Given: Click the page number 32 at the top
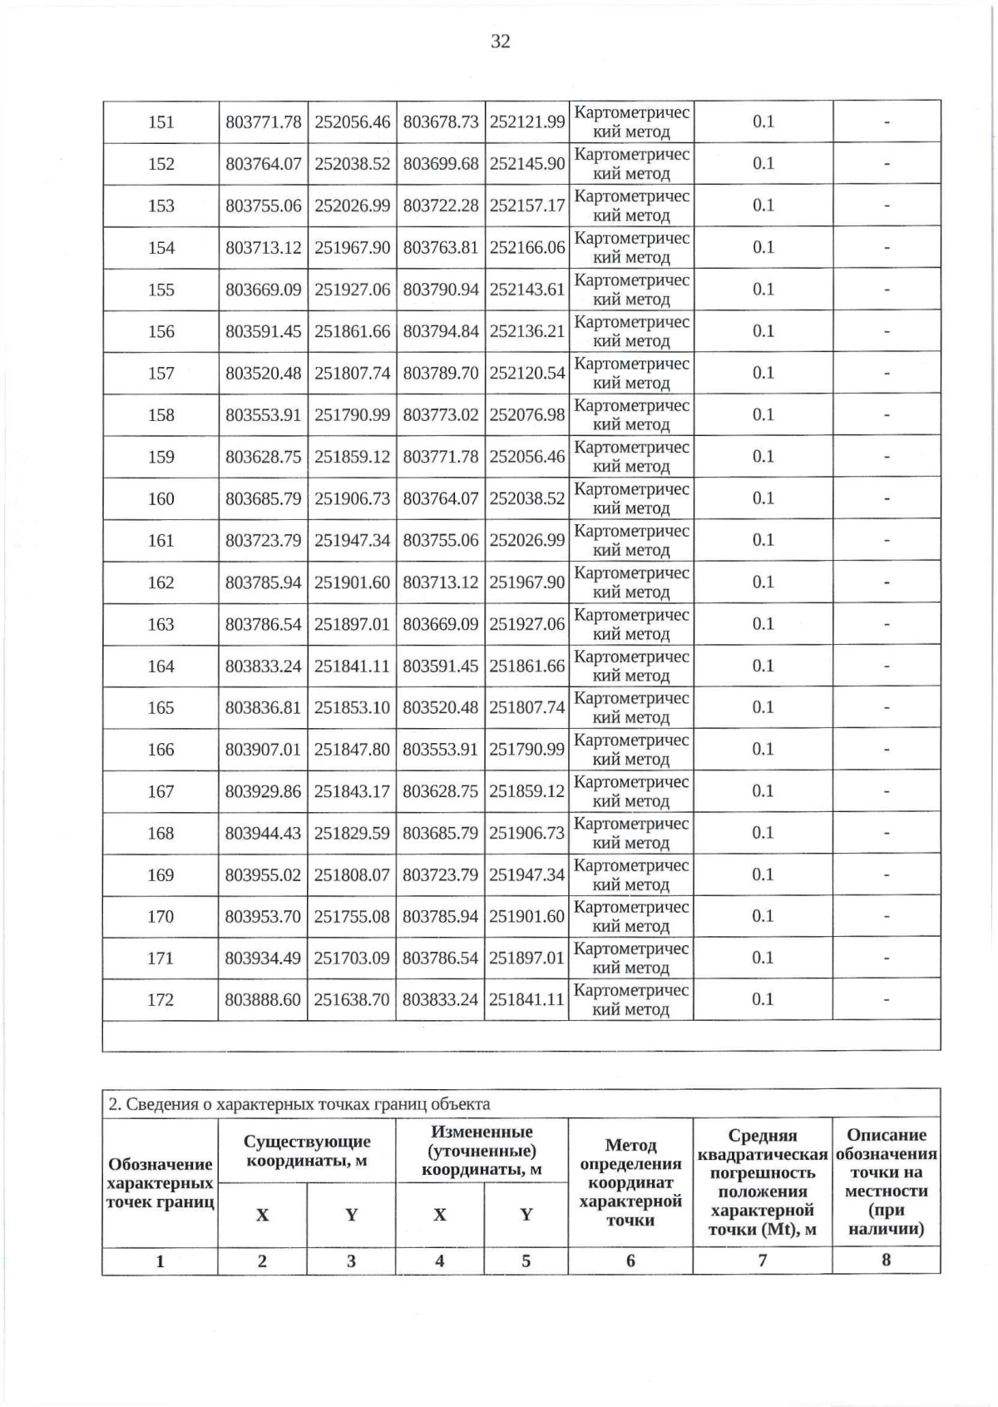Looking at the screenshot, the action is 500,42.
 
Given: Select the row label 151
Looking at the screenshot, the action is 161,122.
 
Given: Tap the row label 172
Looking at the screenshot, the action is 161,999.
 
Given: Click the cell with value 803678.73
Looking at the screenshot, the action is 441,122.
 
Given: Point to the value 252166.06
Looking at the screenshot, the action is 526,247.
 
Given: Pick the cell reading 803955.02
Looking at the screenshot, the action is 263,874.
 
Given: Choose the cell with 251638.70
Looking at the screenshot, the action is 352,999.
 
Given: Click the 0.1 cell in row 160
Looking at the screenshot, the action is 763,498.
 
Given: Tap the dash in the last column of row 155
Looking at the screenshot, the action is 887,290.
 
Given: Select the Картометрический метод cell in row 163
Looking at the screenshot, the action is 631,624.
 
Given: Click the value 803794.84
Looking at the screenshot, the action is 441,331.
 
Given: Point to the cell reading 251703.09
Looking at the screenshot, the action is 352,958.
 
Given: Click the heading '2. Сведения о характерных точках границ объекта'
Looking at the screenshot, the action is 299,1104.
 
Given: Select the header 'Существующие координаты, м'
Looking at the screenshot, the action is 307,1151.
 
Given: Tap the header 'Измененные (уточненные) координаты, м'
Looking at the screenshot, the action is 482,1151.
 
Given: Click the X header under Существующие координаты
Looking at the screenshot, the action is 262,1215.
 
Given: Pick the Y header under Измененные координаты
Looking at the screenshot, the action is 526,1215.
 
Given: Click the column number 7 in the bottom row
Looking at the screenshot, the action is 762,1261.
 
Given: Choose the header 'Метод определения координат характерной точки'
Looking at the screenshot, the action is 630,1182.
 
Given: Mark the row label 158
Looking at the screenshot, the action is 161,415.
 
